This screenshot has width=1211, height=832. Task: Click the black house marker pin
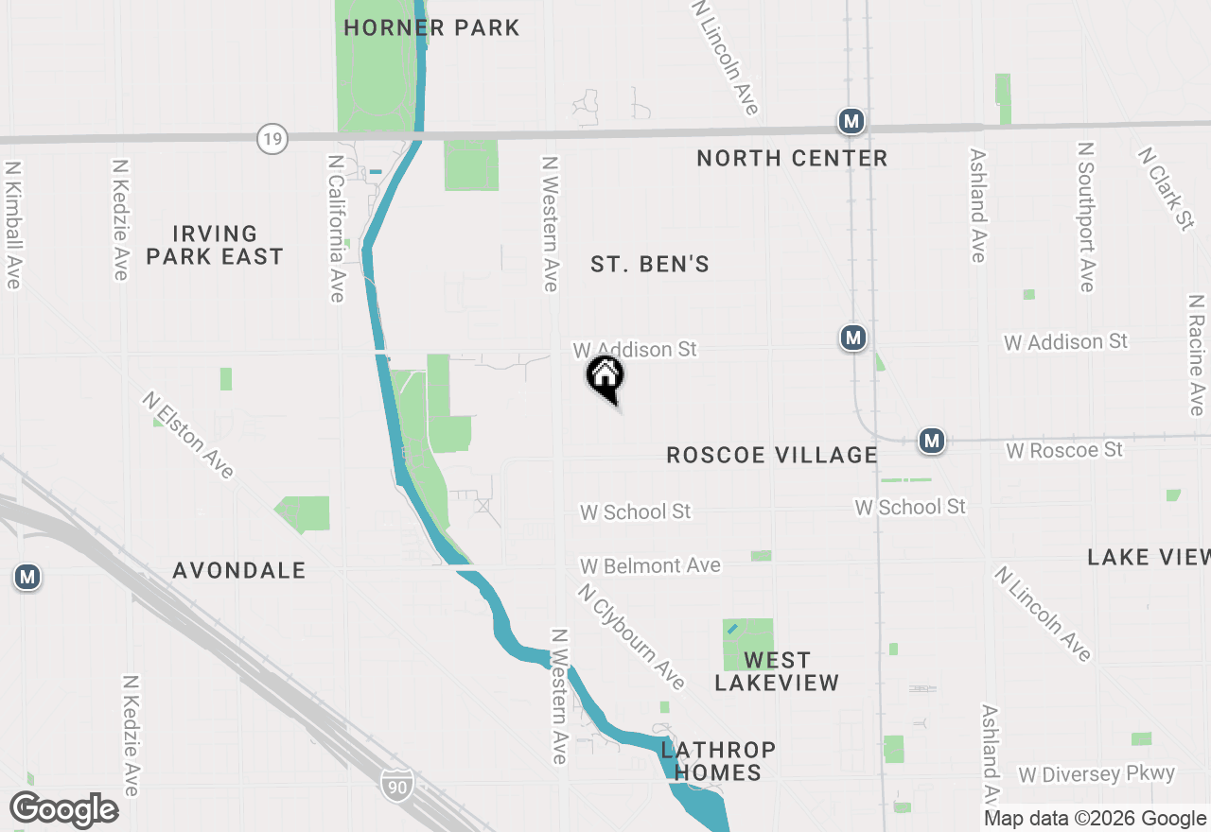click(605, 377)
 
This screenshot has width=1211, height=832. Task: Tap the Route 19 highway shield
click(272, 140)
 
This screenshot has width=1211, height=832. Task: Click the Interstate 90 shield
click(397, 784)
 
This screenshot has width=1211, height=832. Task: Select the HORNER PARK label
click(431, 27)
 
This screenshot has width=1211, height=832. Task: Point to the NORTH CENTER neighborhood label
click(792, 159)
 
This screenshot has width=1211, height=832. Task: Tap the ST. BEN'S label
click(650, 265)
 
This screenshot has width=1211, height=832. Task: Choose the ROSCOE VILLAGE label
click(772, 455)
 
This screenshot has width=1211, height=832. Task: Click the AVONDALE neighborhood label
click(239, 570)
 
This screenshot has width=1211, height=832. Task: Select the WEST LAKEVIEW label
click(777, 671)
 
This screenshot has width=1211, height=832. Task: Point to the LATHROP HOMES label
click(718, 761)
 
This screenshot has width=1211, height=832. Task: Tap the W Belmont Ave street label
click(651, 565)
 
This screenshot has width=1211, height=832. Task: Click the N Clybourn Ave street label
click(631, 635)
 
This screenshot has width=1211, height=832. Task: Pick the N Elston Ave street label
click(188, 435)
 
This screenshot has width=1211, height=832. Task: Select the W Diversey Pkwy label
click(1097, 774)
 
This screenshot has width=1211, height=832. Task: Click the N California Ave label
click(335, 229)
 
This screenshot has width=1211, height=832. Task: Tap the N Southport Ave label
click(1086, 217)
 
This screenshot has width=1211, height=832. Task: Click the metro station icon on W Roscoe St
click(932, 441)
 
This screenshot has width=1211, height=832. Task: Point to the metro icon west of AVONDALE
click(27, 577)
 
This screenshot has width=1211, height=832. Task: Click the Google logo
click(64, 810)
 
